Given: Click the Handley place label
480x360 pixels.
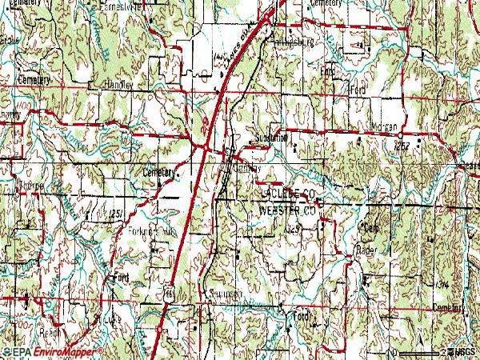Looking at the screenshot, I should tap(117, 83).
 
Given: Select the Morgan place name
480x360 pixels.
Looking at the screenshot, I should tap(384, 127).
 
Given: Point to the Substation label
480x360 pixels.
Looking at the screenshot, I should tap(271, 138).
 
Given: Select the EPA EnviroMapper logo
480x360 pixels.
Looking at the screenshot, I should tap(53, 351).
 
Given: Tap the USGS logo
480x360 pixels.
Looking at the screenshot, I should tap(465, 351).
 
